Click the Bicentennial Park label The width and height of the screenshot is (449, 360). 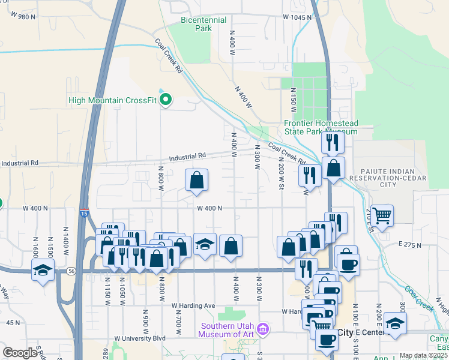coord(203,24)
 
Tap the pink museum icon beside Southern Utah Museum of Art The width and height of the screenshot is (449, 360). coord(262,328)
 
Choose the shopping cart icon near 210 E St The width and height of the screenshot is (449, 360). coord(382,214)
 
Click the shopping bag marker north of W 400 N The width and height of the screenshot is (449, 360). coord(196,179)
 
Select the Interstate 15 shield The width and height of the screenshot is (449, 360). coord(83,212)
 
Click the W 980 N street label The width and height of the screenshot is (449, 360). coord(19,17)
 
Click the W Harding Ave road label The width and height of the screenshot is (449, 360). coord(193,305)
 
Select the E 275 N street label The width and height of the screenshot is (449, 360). coord(411,244)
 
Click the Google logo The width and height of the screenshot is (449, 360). coord(20,352)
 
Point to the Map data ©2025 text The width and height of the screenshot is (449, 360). coord(423,355)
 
